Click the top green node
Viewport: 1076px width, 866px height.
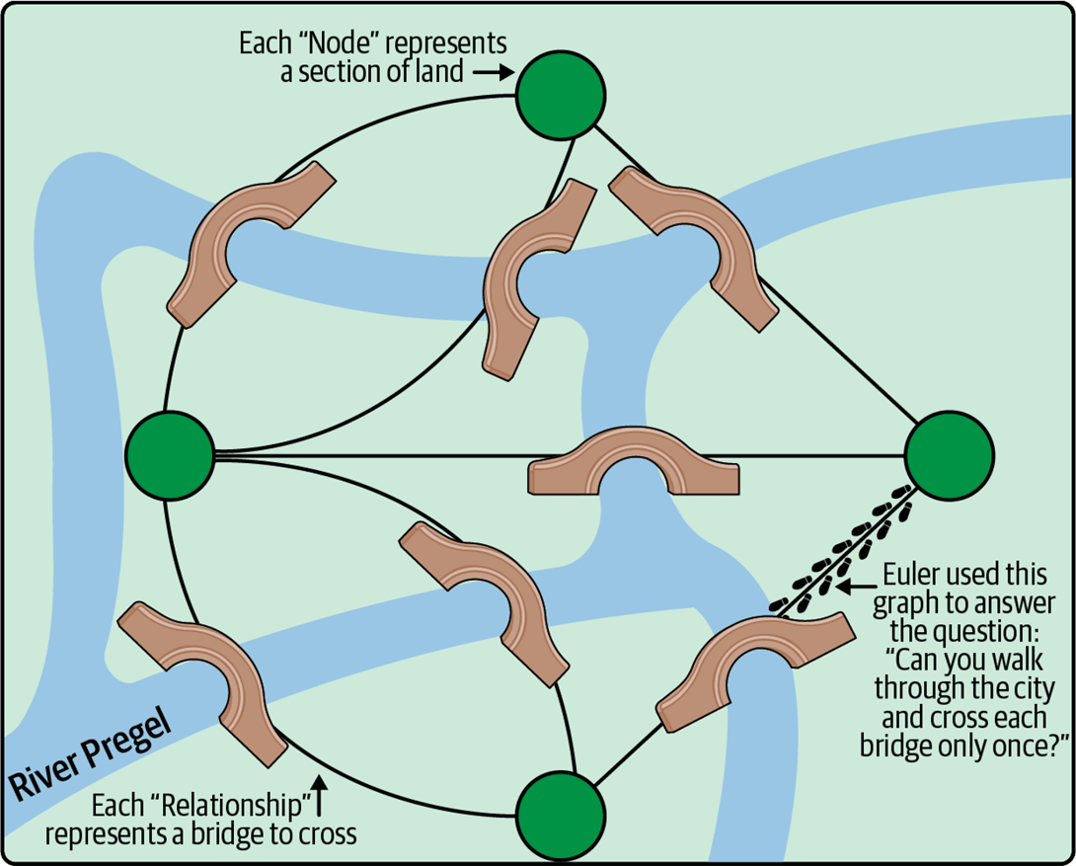[x=561, y=95]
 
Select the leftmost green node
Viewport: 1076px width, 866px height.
[x=170, y=455]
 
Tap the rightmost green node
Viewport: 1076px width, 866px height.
[x=950, y=455]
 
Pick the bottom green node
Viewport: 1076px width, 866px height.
[x=561, y=816]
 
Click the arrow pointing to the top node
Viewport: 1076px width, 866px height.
[x=491, y=72]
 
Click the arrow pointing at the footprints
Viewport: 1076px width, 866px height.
[x=849, y=587]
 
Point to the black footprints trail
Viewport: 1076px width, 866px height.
[x=847, y=549]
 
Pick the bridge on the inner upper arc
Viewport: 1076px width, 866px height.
[x=536, y=278]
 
